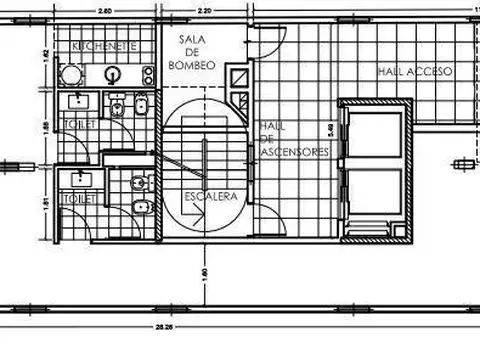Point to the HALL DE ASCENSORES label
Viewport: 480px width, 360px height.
click(x=292, y=139)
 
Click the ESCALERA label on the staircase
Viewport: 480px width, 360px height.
click(x=211, y=197)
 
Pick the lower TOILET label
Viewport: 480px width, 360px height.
click(x=79, y=199)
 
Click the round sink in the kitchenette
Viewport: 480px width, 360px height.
click(x=113, y=74)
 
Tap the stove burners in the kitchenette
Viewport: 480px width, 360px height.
click(x=147, y=74)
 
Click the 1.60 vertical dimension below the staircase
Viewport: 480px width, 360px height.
click(x=204, y=272)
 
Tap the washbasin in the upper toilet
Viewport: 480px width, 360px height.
click(x=78, y=101)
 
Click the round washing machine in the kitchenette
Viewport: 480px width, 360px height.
click(x=70, y=75)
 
